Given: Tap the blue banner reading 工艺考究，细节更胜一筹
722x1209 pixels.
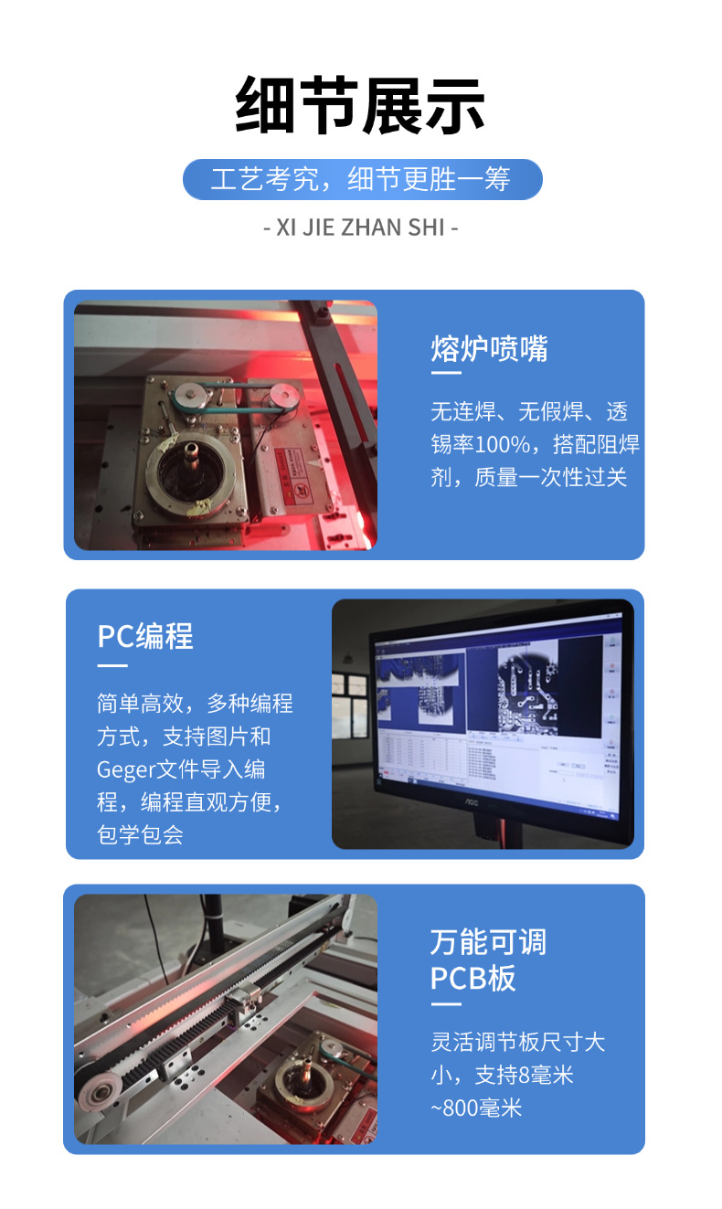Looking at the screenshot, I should click(362, 179).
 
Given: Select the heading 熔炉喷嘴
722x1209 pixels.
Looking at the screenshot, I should click(489, 348).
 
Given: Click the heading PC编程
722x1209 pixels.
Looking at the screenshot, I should click(145, 636).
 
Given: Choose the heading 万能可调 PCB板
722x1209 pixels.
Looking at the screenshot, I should click(488, 960).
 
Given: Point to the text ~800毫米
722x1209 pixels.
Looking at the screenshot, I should click(476, 1108).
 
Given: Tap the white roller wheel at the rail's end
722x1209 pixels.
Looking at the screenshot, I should click(93, 1089).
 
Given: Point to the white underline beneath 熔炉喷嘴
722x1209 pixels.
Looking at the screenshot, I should click(446, 373).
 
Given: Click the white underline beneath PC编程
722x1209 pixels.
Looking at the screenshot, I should click(112, 664).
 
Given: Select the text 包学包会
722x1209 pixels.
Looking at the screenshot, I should click(140, 834).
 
